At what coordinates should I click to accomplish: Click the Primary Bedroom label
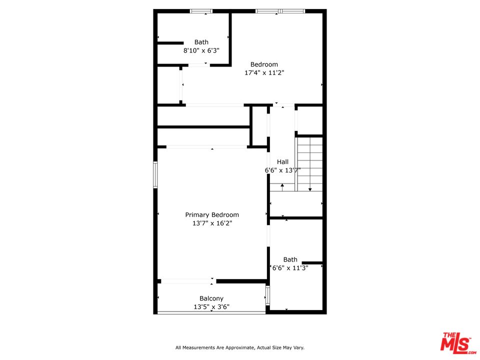(x=212, y=215)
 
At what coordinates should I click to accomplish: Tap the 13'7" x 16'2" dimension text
(x=212, y=223)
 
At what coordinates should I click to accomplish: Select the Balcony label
(x=211, y=298)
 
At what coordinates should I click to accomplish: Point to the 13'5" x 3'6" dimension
(x=211, y=306)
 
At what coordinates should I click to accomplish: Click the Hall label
(x=282, y=162)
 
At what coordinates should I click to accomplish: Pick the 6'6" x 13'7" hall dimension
(x=282, y=170)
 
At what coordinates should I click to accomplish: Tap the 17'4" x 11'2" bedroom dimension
(x=264, y=73)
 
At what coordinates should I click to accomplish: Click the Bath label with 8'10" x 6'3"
(x=201, y=42)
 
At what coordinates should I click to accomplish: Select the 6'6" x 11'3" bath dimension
(x=290, y=268)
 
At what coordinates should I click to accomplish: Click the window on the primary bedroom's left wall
(x=155, y=175)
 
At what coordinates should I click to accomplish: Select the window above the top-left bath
(x=201, y=11)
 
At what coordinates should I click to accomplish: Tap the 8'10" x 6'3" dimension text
(x=201, y=50)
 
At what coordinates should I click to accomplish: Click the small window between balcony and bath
(x=267, y=295)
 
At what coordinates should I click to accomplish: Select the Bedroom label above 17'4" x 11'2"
(x=264, y=64)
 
